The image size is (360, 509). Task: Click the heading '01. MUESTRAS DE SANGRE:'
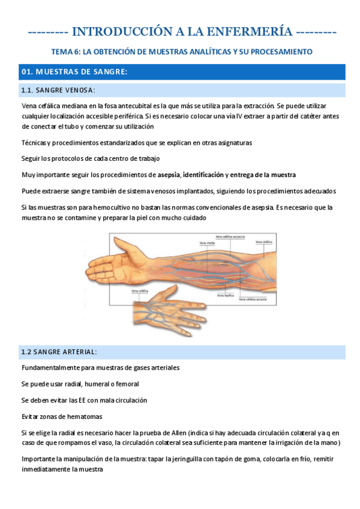pos(74,72)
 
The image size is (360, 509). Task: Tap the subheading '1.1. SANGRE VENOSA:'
pos(58,90)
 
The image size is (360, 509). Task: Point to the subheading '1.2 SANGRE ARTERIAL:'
pos(59,352)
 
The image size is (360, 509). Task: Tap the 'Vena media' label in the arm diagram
pos(207,243)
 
